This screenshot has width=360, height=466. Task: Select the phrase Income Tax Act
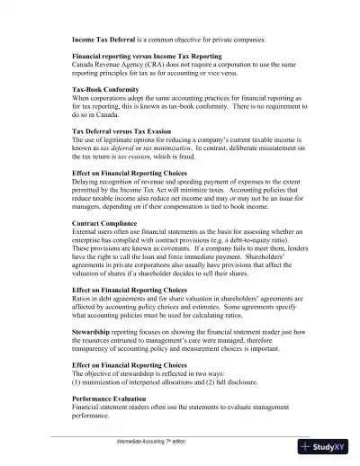[148, 191]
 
